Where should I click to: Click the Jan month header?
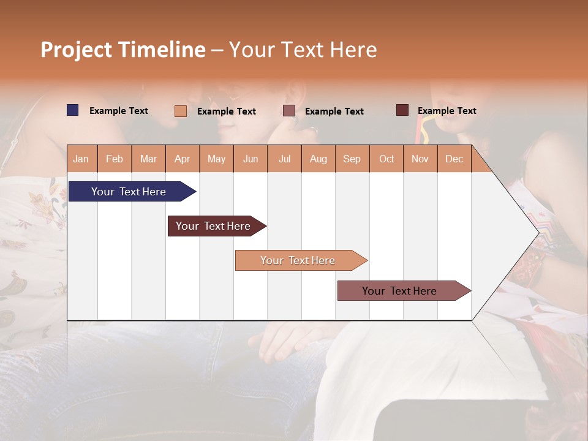coord(81,159)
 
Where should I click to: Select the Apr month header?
coord(182,159)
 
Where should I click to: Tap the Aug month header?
coord(318,159)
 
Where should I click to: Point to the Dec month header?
coord(454,159)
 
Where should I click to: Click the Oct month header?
coord(386,159)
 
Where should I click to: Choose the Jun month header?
coord(250,159)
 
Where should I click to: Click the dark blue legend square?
coord(72,110)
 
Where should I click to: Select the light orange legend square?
coord(180,111)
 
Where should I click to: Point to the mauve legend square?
coord(289,111)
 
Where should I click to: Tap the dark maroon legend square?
coord(402,110)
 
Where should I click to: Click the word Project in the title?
coord(77,50)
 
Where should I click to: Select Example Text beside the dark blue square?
coord(119,111)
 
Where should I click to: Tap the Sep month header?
coord(352,159)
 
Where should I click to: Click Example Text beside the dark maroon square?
coord(447,111)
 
